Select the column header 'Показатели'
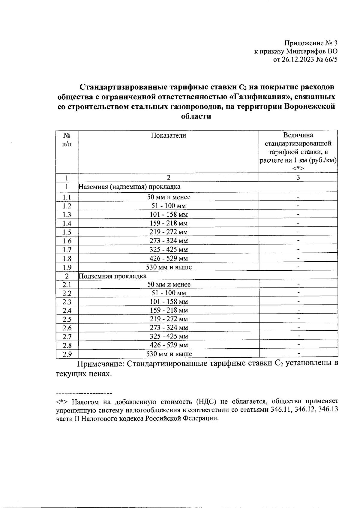(x=168, y=135)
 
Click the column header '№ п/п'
(x=67, y=140)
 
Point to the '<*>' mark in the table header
(x=298, y=168)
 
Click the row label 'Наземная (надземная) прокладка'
(x=130, y=187)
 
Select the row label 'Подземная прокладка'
(x=112, y=276)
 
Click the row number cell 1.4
(x=67, y=223)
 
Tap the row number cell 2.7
(x=67, y=337)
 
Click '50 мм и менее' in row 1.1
(x=169, y=197)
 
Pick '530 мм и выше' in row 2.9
(x=169, y=354)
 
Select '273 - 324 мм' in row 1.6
(x=169, y=241)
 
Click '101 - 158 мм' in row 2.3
(x=169, y=302)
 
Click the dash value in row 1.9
(x=298, y=267)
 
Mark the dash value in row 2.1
(x=298, y=284)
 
